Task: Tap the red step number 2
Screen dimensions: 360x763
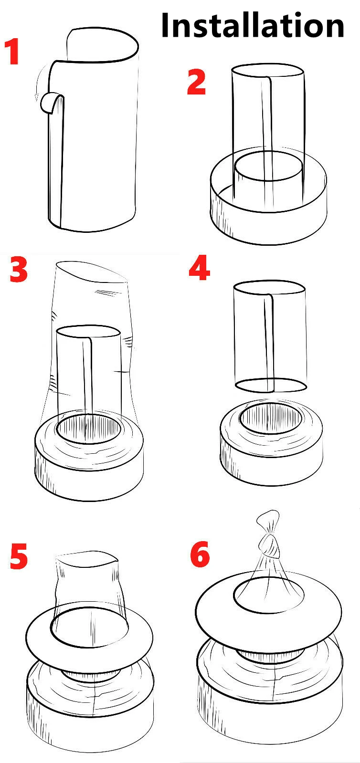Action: [197, 82]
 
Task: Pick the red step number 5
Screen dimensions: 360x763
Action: [19, 556]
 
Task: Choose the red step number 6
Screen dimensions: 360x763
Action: [200, 554]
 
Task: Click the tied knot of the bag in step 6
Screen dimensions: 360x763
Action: [269, 544]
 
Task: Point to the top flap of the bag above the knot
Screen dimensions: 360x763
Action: [268, 521]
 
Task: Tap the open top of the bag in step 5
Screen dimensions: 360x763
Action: [86, 559]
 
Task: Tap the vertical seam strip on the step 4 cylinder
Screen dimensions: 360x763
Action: [269, 342]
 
